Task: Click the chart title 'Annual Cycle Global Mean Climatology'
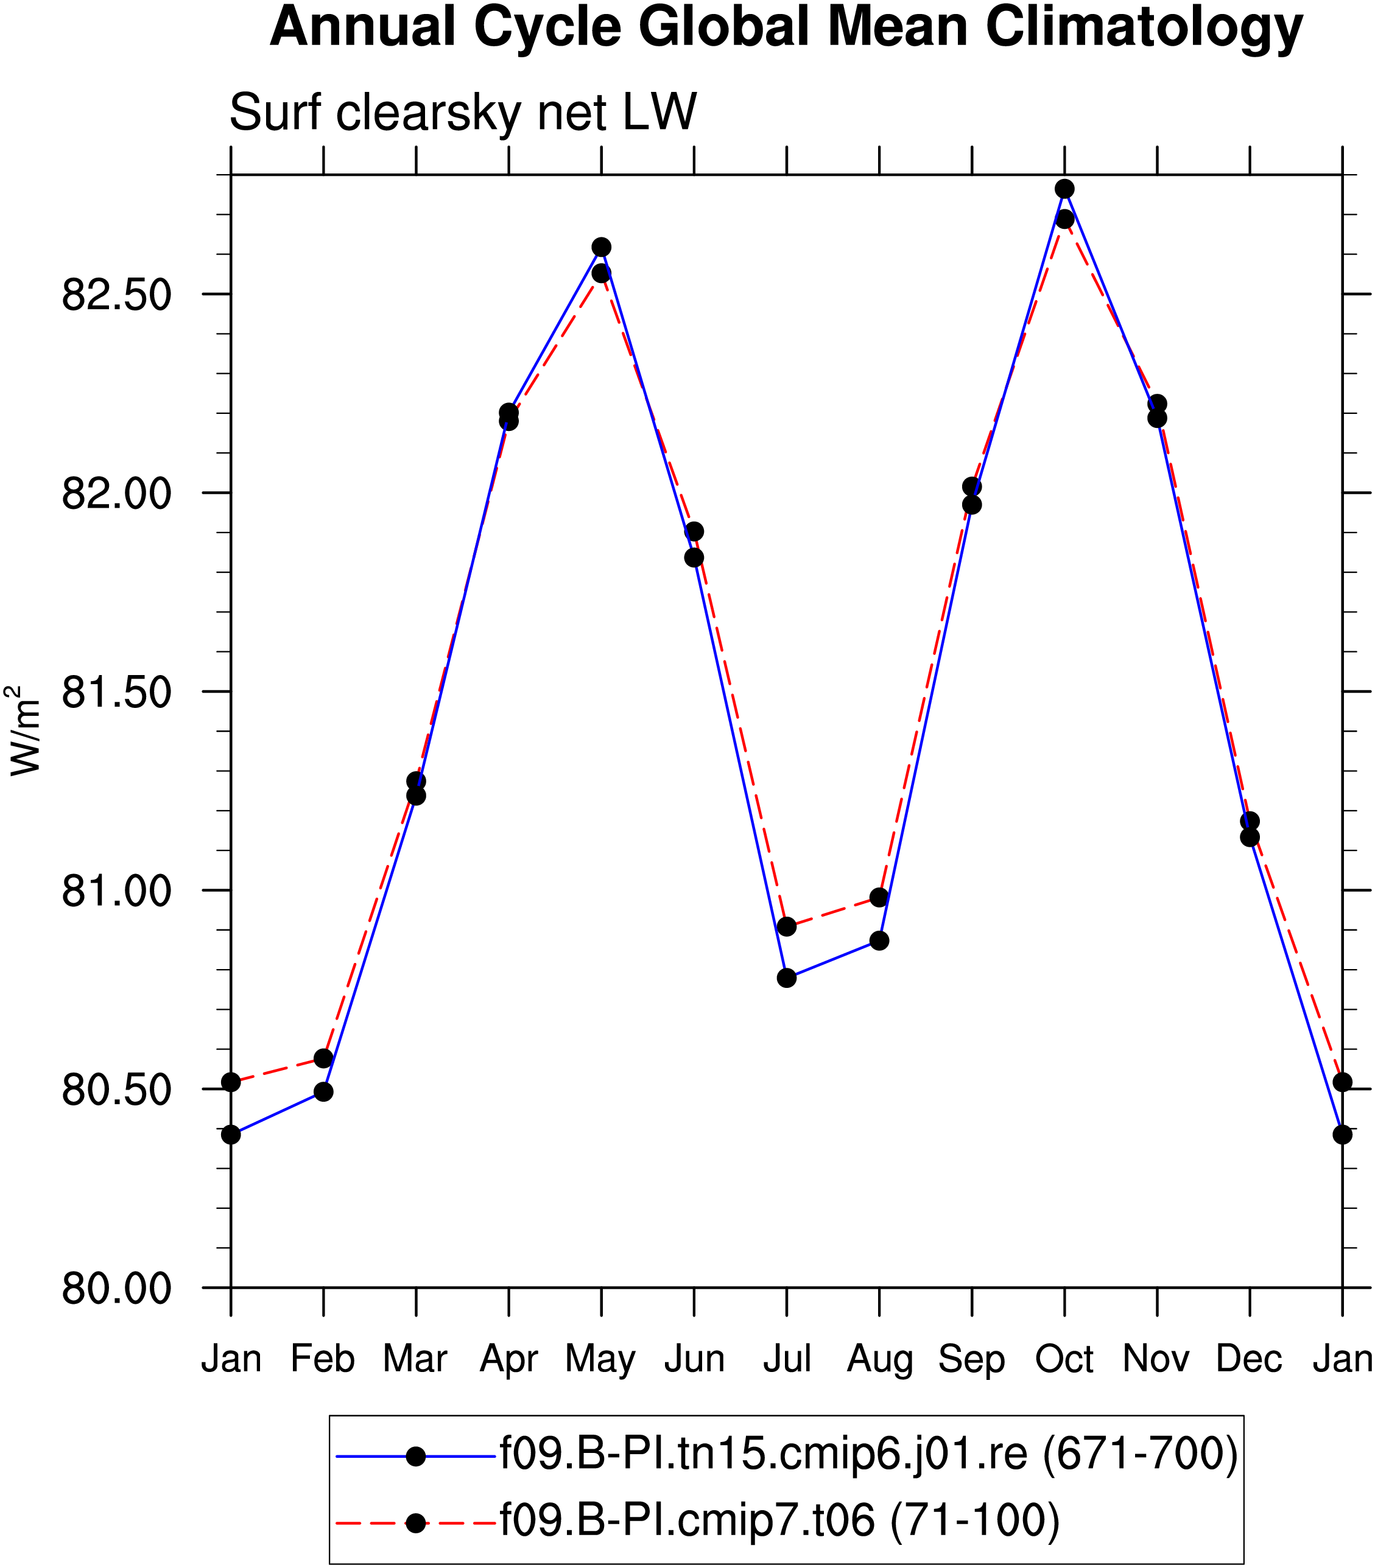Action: [x=787, y=27]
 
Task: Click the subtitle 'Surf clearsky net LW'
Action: [x=463, y=112]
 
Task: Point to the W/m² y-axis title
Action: [x=23, y=730]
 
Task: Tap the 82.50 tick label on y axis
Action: [x=117, y=294]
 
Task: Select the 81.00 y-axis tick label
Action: [x=117, y=891]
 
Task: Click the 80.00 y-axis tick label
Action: [x=117, y=1288]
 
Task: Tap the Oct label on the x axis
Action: [x=1064, y=1360]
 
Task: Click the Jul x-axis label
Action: [x=787, y=1360]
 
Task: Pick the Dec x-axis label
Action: [x=1249, y=1360]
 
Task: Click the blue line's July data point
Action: [x=787, y=978]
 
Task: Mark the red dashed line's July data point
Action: [x=787, y=926]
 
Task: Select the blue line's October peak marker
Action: [x=1064, y=189]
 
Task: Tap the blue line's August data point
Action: [x=879, y=940]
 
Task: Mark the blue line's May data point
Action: [x=602, y=247]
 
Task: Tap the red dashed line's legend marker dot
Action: [x=416, y=1524]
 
